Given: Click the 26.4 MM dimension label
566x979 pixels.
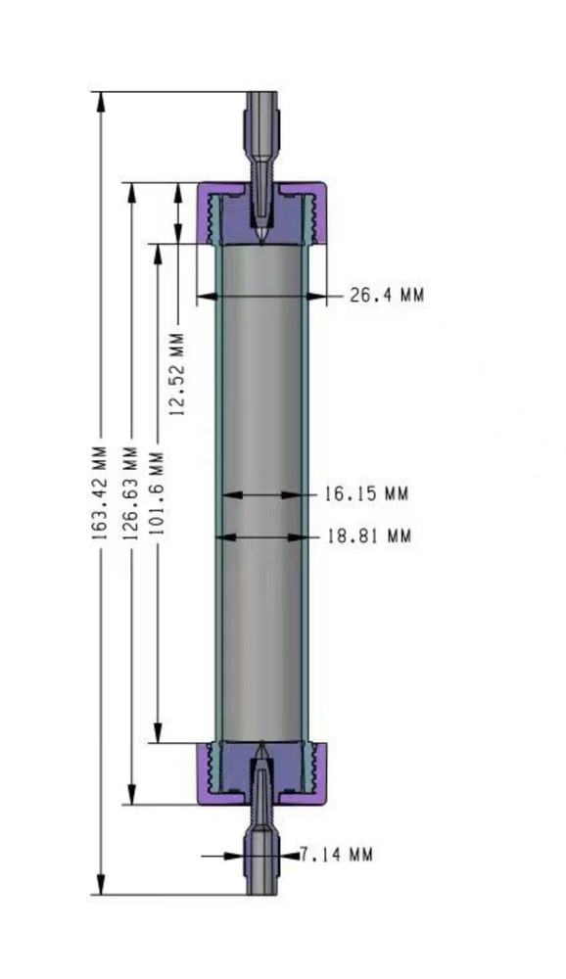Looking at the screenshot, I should [x=387, y=295].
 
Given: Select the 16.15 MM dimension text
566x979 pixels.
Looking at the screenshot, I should [x=365, y=494].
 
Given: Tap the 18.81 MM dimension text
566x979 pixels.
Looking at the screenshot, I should [x=369, y=536].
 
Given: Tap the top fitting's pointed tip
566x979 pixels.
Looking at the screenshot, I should [x=261, y=237].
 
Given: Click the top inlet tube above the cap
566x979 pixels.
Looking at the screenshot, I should [x=261, y=127].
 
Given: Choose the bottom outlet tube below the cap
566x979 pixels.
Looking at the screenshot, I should [x=261, y=862].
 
